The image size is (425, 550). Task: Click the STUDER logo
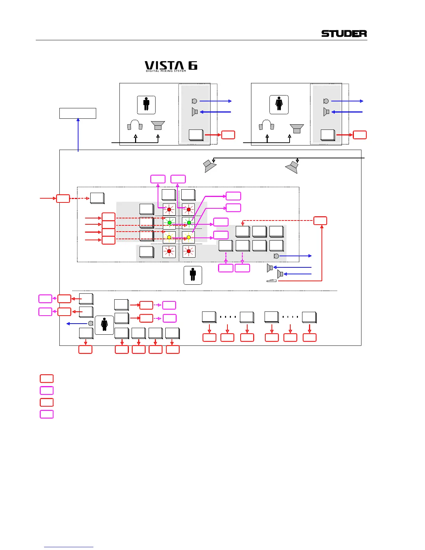click(344, 34)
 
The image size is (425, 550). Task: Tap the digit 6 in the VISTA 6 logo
click(193, 65)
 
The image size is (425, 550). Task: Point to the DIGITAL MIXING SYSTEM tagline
click(166, 71)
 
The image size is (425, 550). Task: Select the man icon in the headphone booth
click(146, 105)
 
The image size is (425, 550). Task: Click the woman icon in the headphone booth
click(279, 105)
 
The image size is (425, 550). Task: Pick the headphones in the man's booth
click(135, 125)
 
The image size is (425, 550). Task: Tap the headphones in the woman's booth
click(266, 125)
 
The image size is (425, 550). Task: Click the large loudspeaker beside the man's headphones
click(158, 125)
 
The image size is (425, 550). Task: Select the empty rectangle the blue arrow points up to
click(78, 114)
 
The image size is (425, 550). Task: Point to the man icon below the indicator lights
click(193, 275)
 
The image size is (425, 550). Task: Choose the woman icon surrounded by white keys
click(104, 325)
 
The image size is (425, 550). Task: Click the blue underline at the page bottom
click(69, 547)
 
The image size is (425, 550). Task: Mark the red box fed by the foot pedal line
click(320, 220)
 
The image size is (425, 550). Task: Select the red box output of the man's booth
click(228, 135)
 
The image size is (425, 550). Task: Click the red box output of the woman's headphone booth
click(360, 135)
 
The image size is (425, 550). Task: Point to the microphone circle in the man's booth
click(194, 101)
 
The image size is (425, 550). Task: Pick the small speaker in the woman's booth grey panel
click(326, 112)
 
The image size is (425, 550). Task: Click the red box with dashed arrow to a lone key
click(63, 199)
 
